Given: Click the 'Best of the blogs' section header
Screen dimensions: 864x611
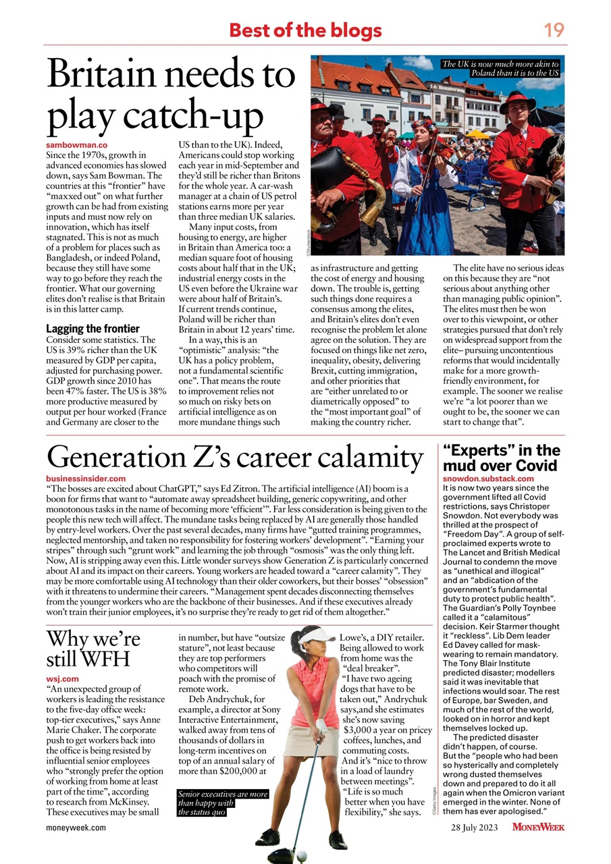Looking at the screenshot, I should pos(305,30).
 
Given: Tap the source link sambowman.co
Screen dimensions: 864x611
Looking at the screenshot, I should pos(77,145).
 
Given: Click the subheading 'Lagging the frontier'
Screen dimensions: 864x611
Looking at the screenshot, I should pos(92,329).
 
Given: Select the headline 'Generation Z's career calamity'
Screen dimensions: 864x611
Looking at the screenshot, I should pos(234,458).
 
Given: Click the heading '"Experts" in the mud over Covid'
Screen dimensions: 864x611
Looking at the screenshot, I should pos(500,458).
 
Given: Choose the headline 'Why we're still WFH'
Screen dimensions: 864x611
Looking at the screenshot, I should pos(93,647).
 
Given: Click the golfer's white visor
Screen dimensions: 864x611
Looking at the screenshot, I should pos(316,635).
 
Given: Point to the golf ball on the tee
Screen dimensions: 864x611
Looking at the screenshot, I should pos(301,855).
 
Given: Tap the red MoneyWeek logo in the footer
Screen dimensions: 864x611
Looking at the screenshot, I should pos(538,827).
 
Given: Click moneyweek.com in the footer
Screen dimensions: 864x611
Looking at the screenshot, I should pos(76,828).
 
